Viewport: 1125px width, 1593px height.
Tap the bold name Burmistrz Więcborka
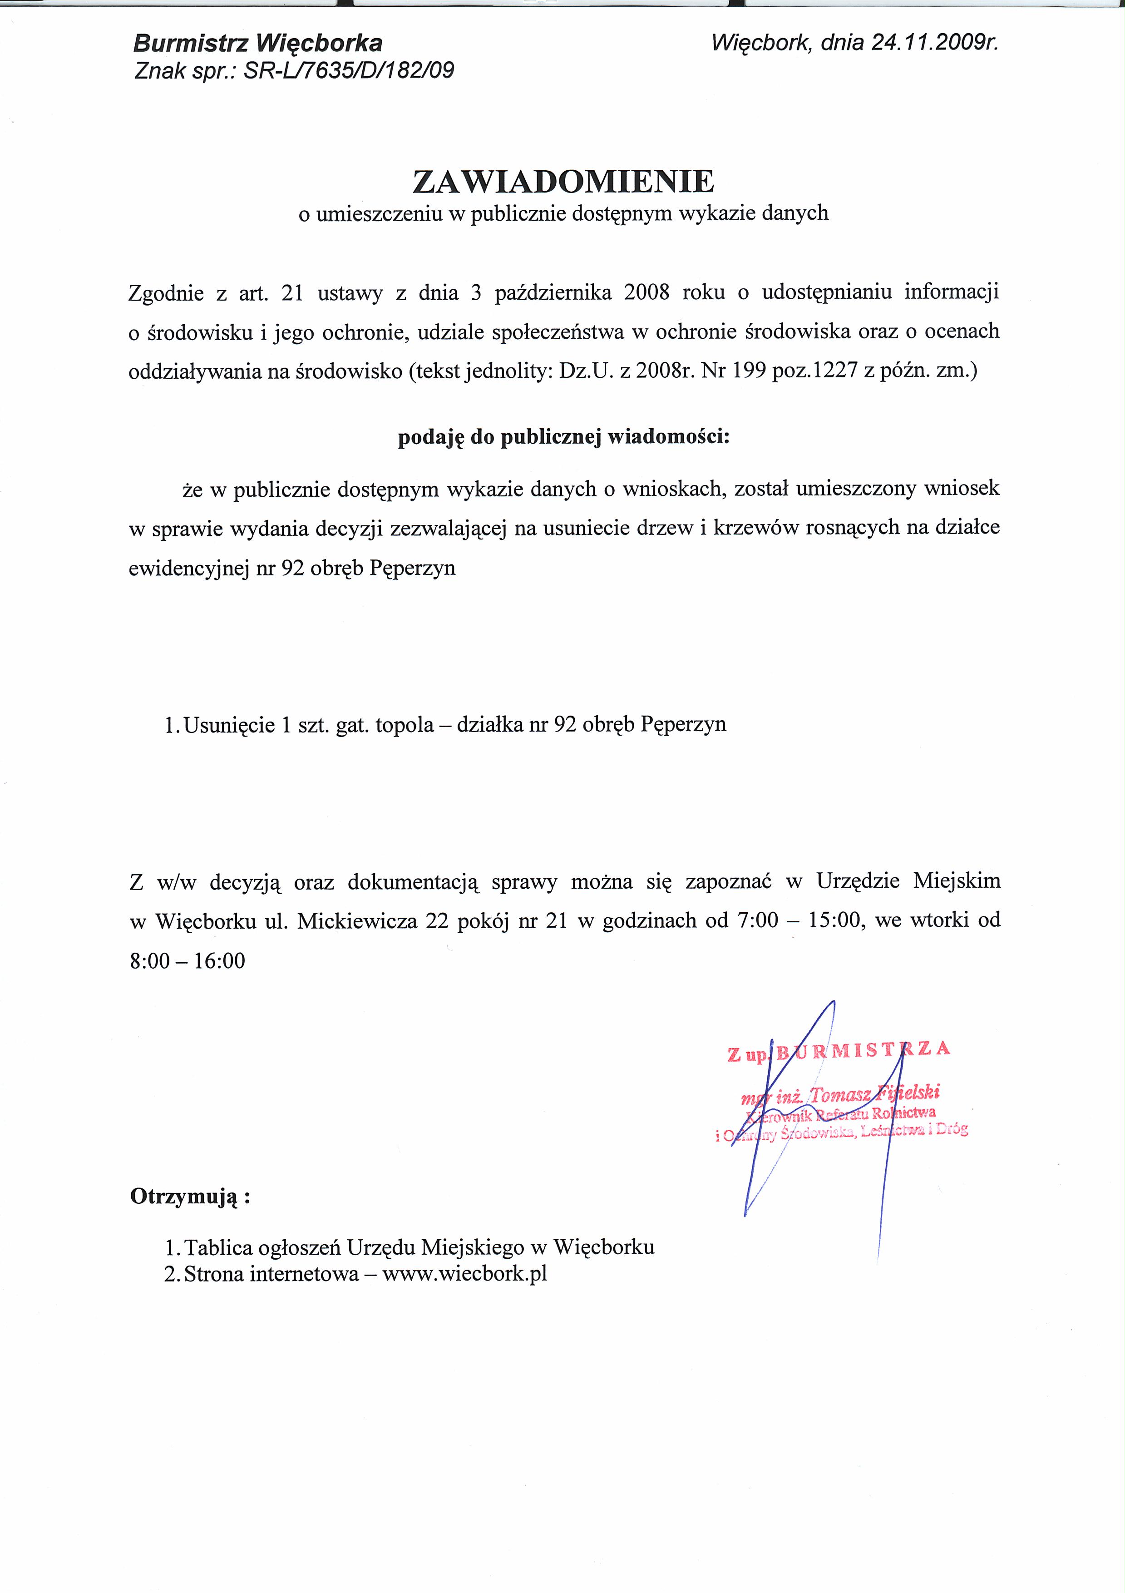click(257, 44)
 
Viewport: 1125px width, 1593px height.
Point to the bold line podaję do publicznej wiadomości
click(563, 437)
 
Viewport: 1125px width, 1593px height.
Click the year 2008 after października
click(646, 292)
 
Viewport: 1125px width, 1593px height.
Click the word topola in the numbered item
click(405, 724)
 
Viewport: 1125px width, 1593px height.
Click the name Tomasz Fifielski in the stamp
click(874, 1093)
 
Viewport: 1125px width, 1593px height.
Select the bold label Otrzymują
click(189, 1197)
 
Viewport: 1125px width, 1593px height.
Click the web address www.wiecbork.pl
click(465, 1274)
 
